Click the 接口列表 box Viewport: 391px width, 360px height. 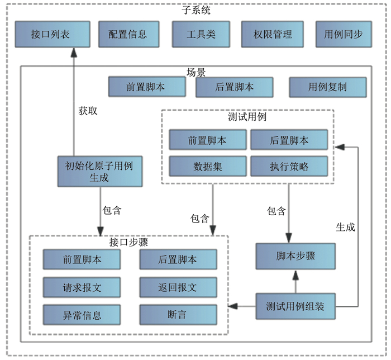(x=51, y=34)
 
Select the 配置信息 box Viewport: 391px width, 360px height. (x=128, y=34)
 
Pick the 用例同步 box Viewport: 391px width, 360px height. (x=343, y=34)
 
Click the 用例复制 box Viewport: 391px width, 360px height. (x=328, y=87)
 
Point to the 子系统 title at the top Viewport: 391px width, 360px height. (x=196, y=10)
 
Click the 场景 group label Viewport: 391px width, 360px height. (x=196, y=73)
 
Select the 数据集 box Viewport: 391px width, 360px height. (x=208, y=166)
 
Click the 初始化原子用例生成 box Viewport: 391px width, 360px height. (x=99, y=170)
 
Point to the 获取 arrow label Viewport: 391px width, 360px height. (x=88, y=111)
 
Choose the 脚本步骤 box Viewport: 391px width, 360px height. (x=295, y=256)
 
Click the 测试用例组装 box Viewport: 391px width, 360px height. (x=295, y=306)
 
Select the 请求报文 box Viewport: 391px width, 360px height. (x=82, y=287)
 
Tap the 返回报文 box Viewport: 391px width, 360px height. (x=178, y=287)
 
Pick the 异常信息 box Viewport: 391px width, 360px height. (x=82, y=315)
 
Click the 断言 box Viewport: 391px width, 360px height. (x=178, y=315)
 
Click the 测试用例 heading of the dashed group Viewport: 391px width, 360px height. (x=247, y=118)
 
